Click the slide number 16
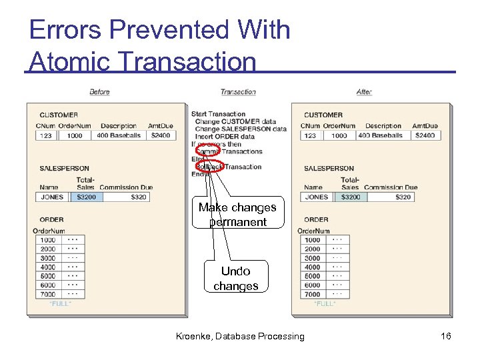[x=446, y=336]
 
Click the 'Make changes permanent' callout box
[x=237, y=215]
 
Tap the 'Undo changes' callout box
[x=236, y=278]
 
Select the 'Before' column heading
[x=99, y=91]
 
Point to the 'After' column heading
[x=364, y=91]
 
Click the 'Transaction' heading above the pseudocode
[x=238, y=91]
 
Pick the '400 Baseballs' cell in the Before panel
[x=119, y=135]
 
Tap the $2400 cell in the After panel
[x=425, y=135]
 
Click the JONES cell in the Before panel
[x=51, y=197]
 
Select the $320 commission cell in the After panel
[x=403, y=197]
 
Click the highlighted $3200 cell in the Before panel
[x=86, y=197]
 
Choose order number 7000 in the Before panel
[x=47, y=294]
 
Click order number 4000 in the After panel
[x=312, y=267]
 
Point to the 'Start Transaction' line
[x=218, y=114]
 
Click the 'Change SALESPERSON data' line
[x=241, y=129]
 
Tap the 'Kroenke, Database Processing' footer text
[x=240, y=336]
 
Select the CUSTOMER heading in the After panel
[x=323, y=115]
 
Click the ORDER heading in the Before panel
[x=51, y=219]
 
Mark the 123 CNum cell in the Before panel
[x=45, y=135]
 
